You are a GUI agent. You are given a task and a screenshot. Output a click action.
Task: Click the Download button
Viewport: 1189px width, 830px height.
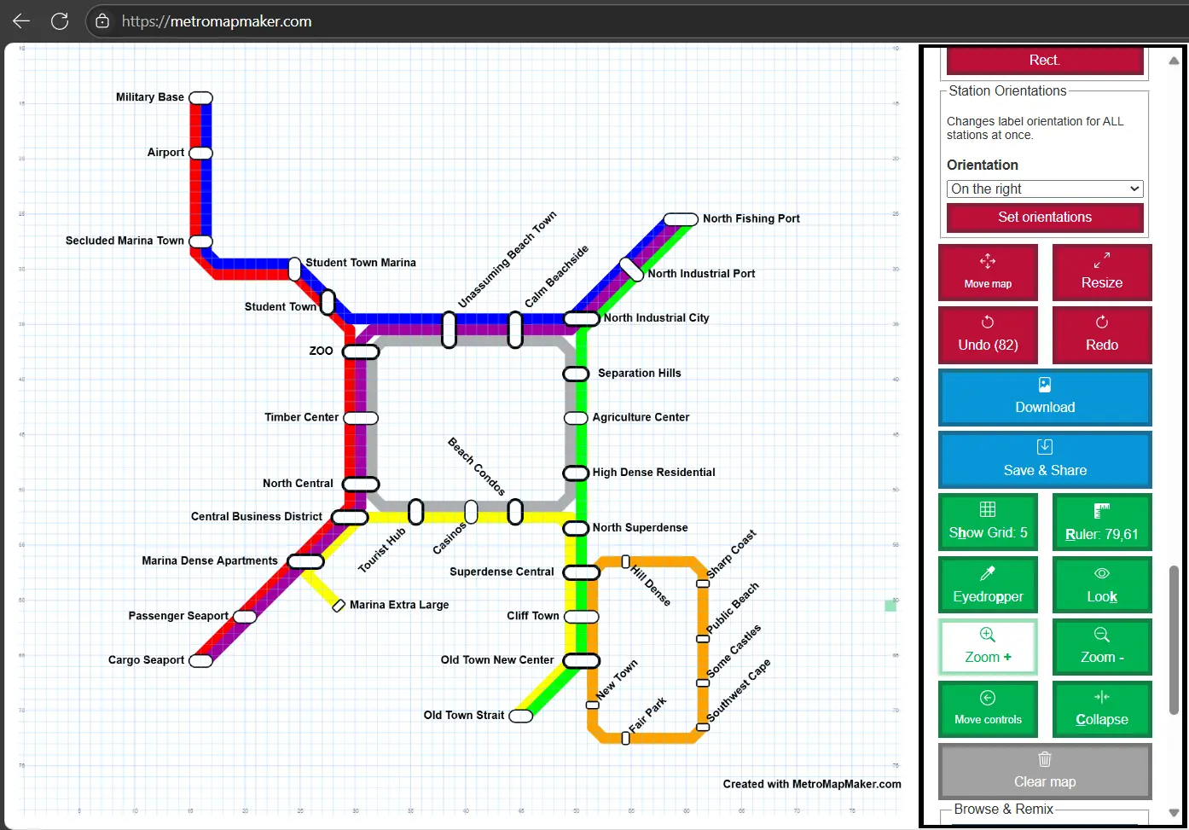pos(1045,398)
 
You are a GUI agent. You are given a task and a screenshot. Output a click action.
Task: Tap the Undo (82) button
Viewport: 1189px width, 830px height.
pos(988,334)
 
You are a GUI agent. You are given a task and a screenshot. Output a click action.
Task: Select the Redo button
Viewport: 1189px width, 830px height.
pos(1101,334)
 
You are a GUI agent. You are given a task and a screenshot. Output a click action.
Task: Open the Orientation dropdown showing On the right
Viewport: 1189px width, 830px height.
pos(1045,189)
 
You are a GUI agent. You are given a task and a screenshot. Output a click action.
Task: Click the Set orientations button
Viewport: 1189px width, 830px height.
pos(1045,218)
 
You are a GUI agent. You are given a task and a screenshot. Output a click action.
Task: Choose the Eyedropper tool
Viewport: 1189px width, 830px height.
pos(988,584)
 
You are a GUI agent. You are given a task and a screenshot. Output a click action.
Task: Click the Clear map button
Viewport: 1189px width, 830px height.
pos(1045,771)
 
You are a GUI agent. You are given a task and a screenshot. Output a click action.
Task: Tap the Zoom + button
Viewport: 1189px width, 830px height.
pos(988,647)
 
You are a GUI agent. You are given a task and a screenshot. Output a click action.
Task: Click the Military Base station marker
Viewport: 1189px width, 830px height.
pos(200,98)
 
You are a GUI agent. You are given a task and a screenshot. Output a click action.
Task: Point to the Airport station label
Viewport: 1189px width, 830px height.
pos(165,153)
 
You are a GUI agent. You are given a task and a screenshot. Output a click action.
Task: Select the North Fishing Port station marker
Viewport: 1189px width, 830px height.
pos(681,219)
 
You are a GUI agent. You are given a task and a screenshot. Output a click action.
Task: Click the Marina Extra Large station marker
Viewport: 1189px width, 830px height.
pos(339,606)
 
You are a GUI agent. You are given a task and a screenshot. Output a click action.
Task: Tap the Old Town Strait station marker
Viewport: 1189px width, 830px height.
pos(520,716)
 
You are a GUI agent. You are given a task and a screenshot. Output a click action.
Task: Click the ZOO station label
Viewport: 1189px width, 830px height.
pos(321,351)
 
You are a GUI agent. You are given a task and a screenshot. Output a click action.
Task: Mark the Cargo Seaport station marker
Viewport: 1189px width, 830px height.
pos(200,661)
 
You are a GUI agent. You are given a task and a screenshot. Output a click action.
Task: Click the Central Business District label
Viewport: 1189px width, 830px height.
pos(257,517)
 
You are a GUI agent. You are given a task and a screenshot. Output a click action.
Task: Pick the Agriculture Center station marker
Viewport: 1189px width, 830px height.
pos(576,418)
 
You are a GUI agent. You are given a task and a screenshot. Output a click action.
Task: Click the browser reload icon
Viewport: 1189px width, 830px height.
pos(60,21)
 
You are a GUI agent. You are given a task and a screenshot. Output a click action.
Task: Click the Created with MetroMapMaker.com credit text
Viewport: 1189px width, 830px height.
pos(812,784)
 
